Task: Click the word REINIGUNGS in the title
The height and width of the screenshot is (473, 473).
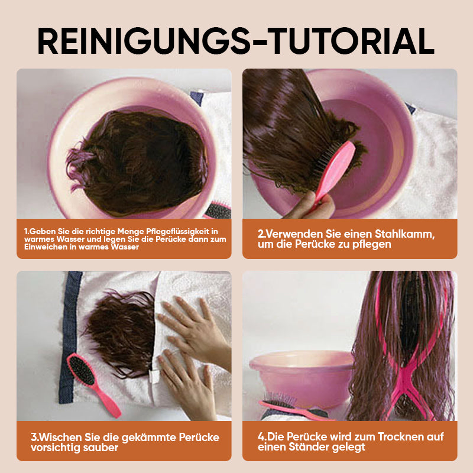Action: click(144, 41)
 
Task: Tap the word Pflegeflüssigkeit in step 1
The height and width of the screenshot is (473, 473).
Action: click(177, 231)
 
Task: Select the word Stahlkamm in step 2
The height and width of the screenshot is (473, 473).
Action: click(404, 234)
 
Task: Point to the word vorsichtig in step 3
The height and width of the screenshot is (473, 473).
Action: click(55, 448)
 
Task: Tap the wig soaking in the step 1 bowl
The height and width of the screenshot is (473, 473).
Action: click(137, 163)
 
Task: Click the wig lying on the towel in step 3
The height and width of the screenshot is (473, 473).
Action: click(121, 332)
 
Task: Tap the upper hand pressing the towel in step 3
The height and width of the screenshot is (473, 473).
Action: click(195, 329)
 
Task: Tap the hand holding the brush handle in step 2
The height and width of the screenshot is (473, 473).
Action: click(311, 205)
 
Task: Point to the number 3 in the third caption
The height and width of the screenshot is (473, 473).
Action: click(34, 437)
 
